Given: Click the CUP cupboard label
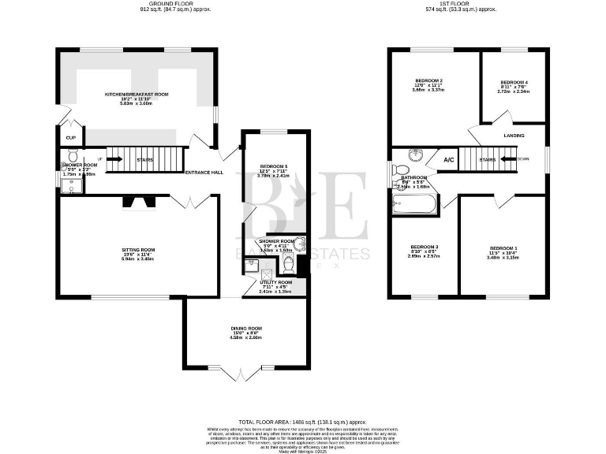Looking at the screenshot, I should pos(70,138).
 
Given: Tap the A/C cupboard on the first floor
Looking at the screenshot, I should pos(449,160).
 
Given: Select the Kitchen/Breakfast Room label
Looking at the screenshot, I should pos(138,95).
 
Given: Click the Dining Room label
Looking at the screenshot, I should pos(246,328).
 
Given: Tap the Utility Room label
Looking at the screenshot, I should pos(275,282).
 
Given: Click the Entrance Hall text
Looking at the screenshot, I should pos(204,173).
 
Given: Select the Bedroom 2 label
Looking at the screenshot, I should pos(428,81).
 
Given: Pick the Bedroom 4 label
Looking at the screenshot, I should pos(514,82).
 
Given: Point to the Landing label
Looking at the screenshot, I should pos(514,136).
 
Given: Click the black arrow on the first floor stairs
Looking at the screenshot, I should pos(503,160).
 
